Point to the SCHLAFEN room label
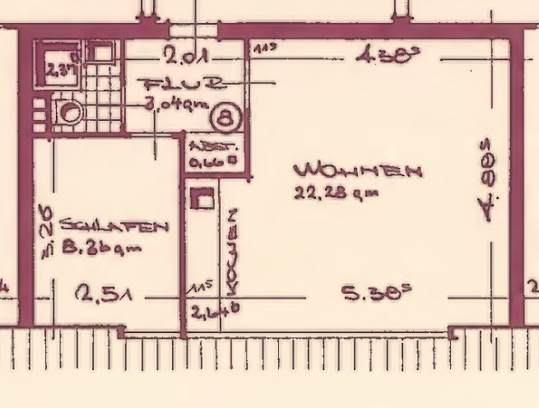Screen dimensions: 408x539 tap(111, 226)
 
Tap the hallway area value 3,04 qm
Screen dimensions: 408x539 tap(174, 105)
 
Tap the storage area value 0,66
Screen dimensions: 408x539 tap(211, 163)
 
